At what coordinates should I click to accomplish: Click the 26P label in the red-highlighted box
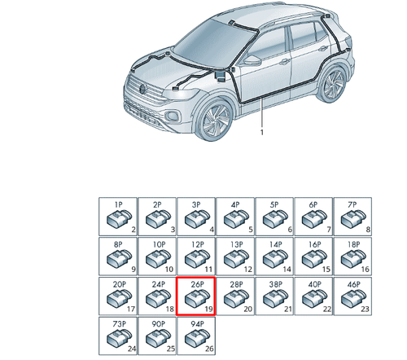click(x=197, y=284)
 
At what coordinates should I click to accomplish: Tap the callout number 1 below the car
click(x=262, y=132)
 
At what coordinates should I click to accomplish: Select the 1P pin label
click(x=119, y=204)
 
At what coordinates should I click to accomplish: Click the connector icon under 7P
click(x=353, y=219)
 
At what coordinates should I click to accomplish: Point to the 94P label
click(x=197, y=324)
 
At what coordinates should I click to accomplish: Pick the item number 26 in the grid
click(x=209, y=349)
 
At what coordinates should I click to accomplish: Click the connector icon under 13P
click(x=236, y=258)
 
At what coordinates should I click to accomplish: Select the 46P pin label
click(x=353, y=284)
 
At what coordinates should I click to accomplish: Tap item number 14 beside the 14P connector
click(x=287, y=269)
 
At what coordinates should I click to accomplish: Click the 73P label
click(x=119, y=324)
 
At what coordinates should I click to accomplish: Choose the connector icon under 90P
click(x=158, y=338)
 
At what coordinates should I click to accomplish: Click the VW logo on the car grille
click(x=142, y=89)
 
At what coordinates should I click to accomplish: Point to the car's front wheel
click(x=216, y=120)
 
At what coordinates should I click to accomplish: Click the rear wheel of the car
click(x=334, y=84)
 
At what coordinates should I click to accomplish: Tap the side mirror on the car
click(x=252, y=61)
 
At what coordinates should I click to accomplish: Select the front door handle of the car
click(x=285, y=62)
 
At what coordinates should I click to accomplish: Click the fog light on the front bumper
click(x=172, y=116)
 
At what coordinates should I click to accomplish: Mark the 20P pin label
click(x=119, y=284)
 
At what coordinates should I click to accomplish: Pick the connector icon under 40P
click(x=314, y=298)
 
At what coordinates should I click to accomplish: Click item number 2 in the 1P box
click(x=133, y=230)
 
